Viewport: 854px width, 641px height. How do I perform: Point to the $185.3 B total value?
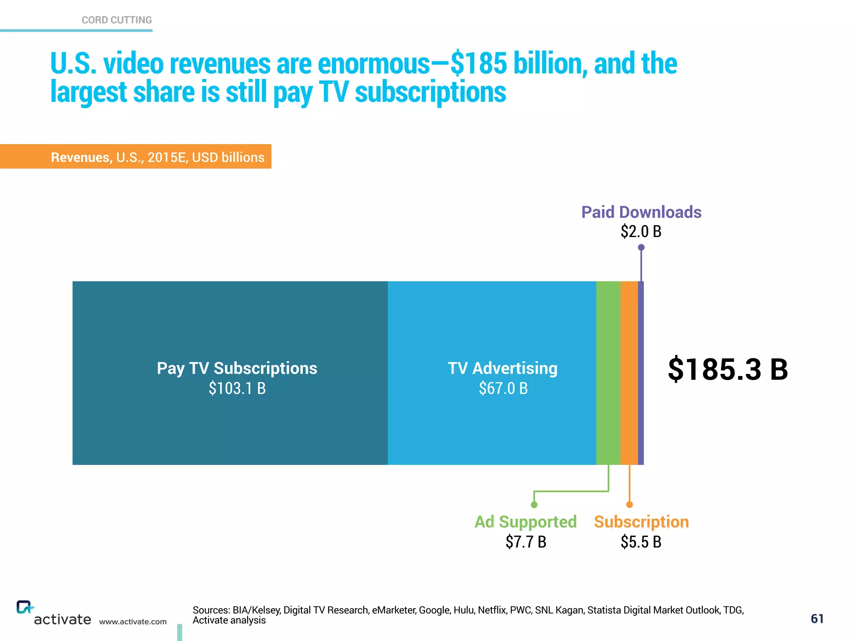(x=728, y=369)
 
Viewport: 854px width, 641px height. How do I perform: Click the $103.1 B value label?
(x=237, y=389)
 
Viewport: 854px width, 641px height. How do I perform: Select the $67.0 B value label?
(x=503, y=389)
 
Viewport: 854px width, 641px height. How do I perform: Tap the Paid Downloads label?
(x=641, y=212)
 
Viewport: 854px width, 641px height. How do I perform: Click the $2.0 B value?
(x=641, y=232)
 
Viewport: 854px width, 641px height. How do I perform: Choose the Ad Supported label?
(x=525, y=522)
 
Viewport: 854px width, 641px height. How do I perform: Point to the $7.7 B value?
(x=525, y=542)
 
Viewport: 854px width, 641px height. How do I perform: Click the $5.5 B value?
(x=641, y=542)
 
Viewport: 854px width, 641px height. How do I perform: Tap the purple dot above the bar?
(x=641, y=247)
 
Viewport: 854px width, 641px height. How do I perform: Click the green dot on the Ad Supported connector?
(x=534, y=505)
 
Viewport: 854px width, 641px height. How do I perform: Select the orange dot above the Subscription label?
(x=630, y=505)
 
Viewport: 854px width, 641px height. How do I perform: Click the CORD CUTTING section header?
(x=117, y=20)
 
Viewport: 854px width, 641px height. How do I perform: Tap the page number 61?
(x=817, y=619)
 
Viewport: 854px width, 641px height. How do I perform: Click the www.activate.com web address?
(x=133, y=622)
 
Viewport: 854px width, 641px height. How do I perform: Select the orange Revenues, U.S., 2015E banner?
(x=158, y=157)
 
